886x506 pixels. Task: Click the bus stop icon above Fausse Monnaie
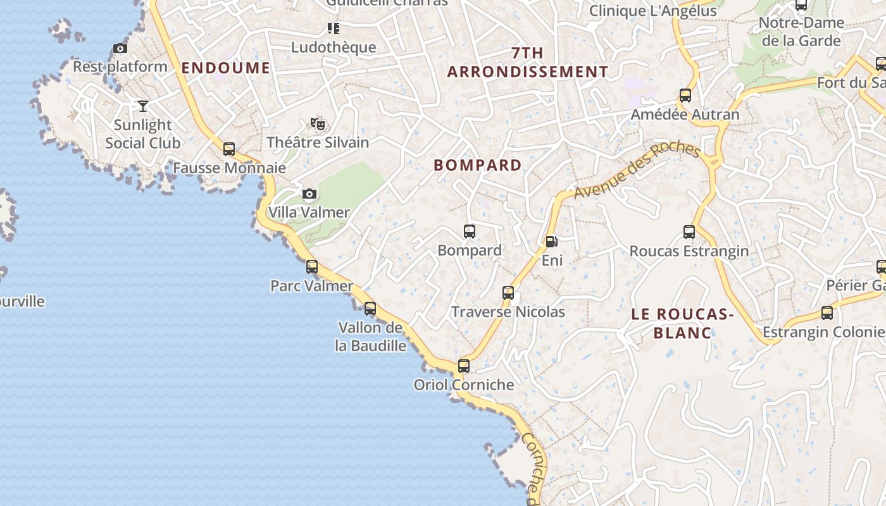229,149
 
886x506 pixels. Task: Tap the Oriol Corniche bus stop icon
464,366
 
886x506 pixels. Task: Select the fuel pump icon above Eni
551,241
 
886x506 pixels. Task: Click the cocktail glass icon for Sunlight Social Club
143,106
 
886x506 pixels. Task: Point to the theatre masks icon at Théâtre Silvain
318,123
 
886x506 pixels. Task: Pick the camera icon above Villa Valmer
309,194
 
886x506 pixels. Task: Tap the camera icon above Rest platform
120,48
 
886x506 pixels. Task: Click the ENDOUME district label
226,68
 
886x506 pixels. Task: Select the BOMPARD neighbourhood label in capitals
478,165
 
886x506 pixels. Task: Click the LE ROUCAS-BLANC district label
682,323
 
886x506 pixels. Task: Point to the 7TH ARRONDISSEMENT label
528,63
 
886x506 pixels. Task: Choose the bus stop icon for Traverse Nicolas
508,292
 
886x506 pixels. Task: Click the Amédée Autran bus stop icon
685,96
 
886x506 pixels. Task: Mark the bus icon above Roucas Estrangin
689,232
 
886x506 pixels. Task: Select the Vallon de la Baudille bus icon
370,308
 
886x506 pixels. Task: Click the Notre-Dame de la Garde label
801,32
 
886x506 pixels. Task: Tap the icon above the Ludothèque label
334,28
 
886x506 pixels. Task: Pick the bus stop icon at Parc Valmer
312,266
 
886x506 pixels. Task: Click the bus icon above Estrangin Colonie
827,312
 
